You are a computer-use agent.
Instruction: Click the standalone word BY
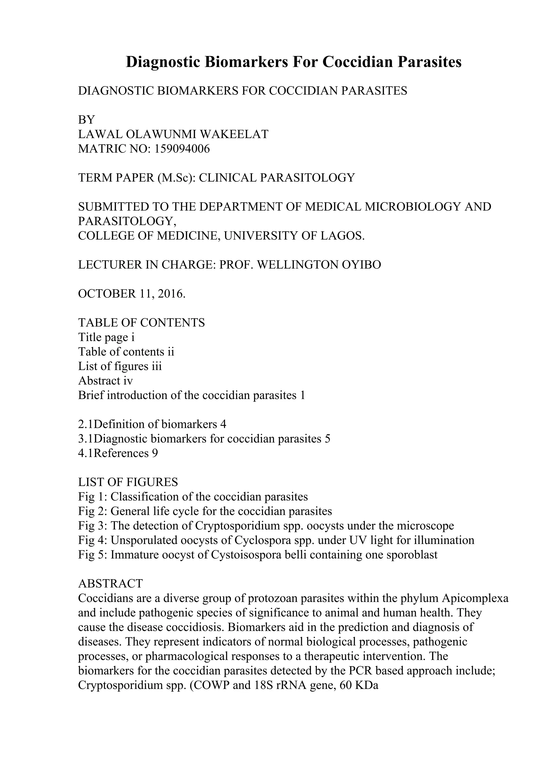point(86,120)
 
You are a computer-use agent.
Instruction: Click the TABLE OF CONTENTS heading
point(142,323)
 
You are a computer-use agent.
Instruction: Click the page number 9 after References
point(155,453)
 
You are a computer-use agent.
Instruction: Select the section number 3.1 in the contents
point(86,439)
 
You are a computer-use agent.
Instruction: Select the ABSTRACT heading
point(111,584)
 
